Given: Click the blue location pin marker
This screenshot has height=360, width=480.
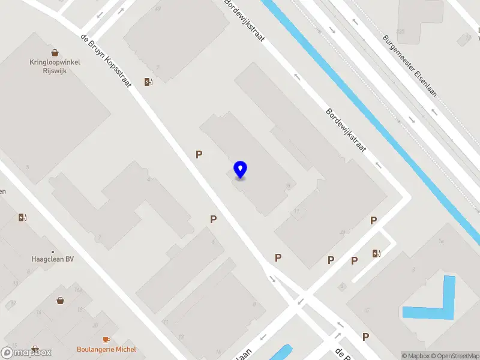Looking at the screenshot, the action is pos(240,170).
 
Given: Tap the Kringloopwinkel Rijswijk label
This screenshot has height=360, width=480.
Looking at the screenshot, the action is pos(55,66).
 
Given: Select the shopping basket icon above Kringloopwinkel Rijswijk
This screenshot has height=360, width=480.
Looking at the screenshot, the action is pos(55,53).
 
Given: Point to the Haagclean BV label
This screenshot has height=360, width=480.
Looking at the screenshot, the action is pos(53,260).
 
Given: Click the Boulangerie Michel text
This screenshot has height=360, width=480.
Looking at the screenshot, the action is pos(106,349).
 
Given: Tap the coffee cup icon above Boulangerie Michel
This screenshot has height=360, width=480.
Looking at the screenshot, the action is pos(106,340).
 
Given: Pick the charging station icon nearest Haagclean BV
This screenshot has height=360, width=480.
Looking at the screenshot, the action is pos(23,217).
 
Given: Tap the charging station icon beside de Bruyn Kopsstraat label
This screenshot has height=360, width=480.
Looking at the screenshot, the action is pos(148,82).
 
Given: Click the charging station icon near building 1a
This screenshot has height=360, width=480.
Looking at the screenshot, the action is pos(376,253).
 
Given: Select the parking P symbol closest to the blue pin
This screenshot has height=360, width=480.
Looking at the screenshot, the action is pos(199,154).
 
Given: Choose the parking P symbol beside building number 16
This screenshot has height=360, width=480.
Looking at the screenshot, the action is pos(365,337).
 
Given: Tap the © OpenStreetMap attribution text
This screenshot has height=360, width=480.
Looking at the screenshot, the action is pos(454,356).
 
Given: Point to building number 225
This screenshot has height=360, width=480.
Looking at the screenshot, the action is pos(400,31).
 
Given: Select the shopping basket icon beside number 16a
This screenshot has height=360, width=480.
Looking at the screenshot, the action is pos(60,300).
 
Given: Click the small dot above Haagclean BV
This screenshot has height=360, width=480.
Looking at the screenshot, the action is pos(53,251).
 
